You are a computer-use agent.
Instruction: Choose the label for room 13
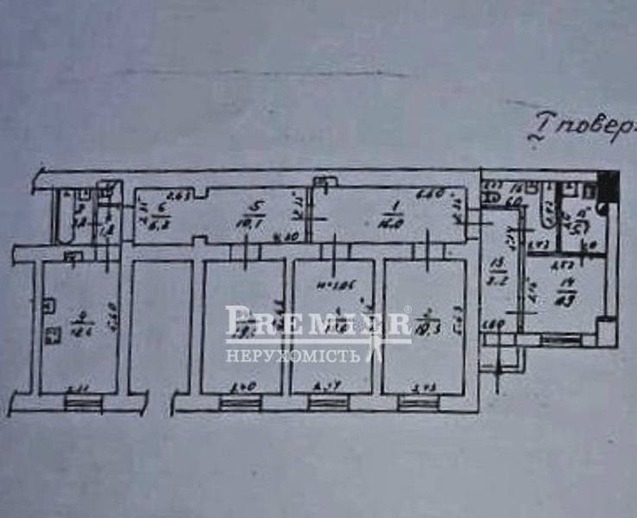click(496, 264)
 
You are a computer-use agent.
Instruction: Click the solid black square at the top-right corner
click(609, 184)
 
